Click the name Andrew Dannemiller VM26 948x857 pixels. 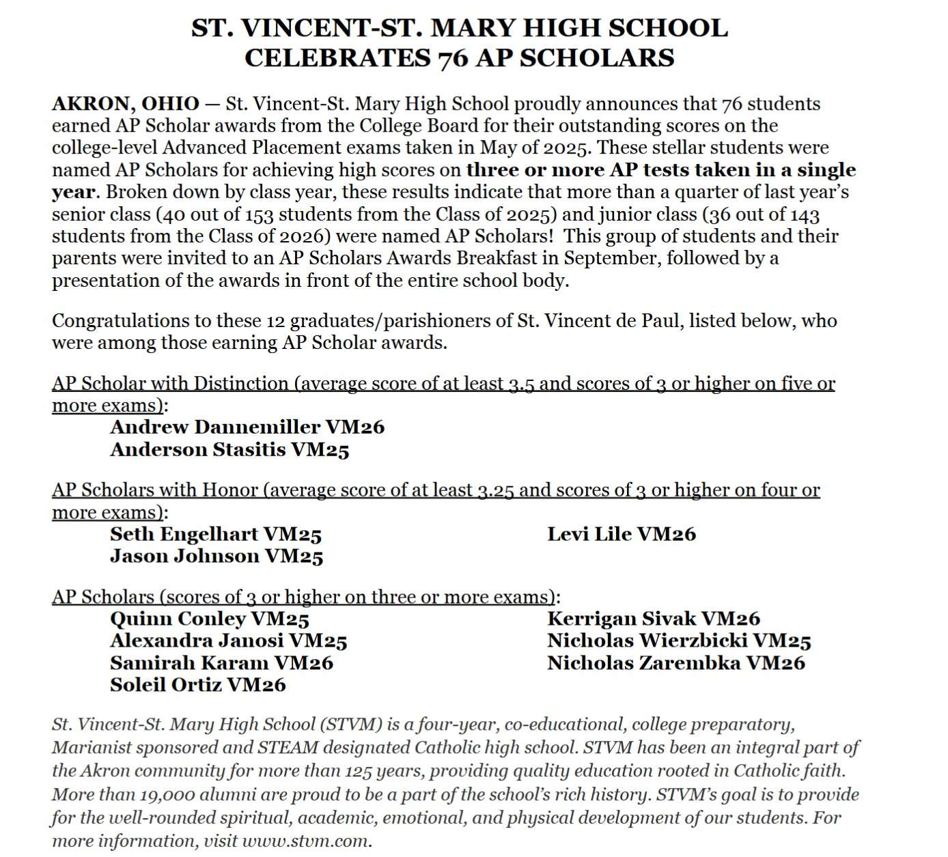click(x=247, y=427)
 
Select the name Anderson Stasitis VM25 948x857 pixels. click(x=229, y=450)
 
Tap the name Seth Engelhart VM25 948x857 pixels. click(x=216, y=534)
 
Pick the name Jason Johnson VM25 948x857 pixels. click(x=217, y=557)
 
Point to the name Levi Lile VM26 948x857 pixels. click(x=621, y=534)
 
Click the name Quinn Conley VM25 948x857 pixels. click(x=210, y=619)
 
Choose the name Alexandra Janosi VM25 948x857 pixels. click(x=229, y=641)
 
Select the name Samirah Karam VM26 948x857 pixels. click(x=222, y=663)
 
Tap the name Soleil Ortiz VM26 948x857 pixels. click(x=198, y=685)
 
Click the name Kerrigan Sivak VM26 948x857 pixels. click(x=653, y=619)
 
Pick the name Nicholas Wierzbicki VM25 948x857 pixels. click(x=679, y=641)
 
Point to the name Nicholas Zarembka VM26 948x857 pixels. click(x=675, y=663)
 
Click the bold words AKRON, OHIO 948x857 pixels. click(x=126, y=104)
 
